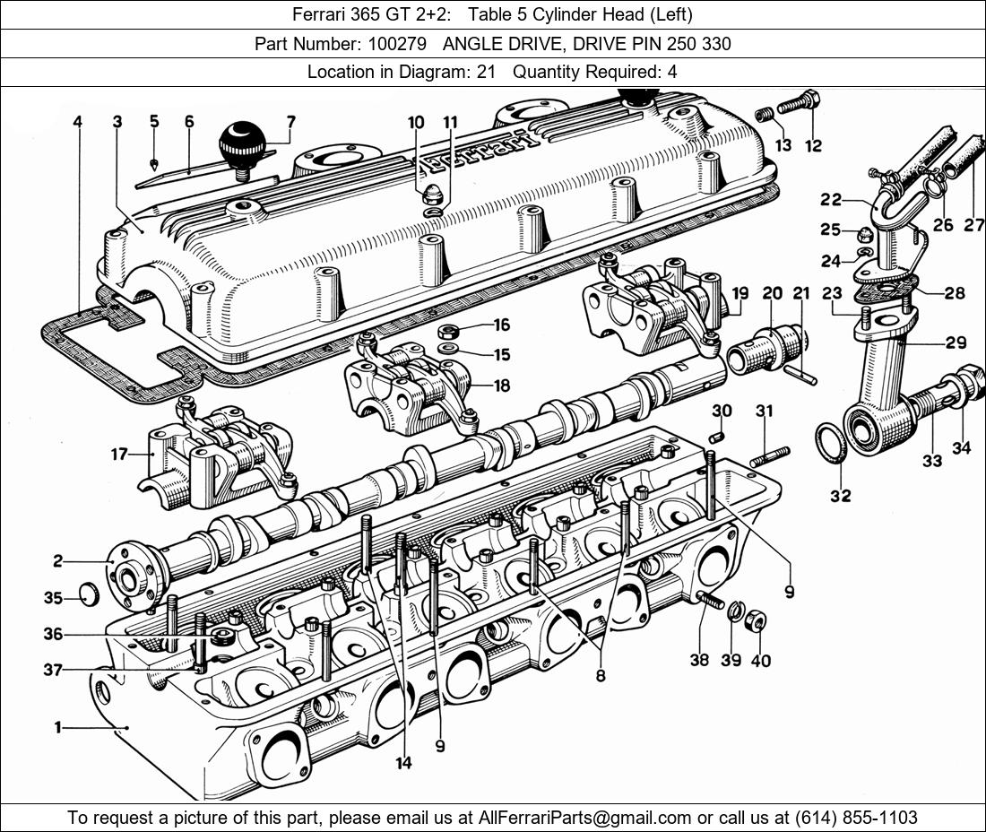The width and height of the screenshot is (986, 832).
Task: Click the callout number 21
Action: tap(800, 294)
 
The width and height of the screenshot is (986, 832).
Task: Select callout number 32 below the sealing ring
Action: tap(840, 495)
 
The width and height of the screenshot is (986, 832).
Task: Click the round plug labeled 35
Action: tap(88, 594)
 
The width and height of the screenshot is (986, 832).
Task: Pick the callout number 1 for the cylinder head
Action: tap(57, 728)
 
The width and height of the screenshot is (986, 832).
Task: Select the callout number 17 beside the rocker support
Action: tap(119, 455)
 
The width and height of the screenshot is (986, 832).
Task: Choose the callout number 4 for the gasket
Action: tap(78, 122)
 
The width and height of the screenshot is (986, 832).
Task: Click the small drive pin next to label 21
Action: tap(801, 372)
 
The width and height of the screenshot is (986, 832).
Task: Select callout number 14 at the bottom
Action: tap(403, 762)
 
